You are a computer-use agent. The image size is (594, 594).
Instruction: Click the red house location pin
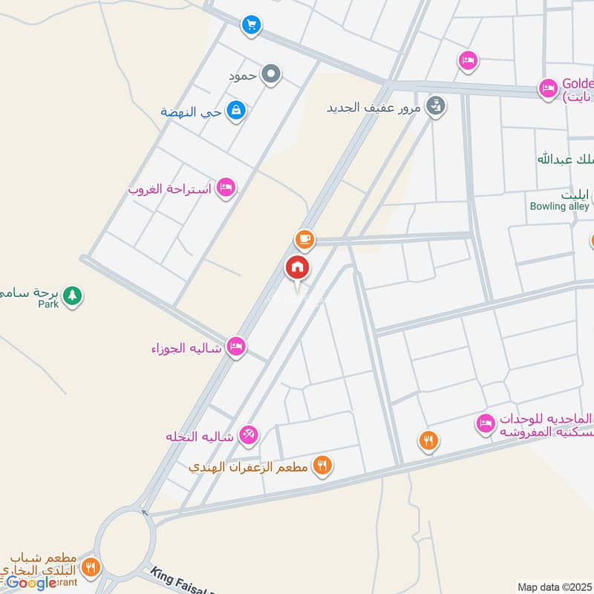[298, 268]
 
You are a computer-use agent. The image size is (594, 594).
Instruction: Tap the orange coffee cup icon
[304, 240]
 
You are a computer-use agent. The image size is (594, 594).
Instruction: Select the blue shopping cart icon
[251, 26]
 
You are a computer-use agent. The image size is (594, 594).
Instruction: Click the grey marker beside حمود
[272, 74]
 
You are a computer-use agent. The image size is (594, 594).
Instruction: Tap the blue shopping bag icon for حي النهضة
[237, 111]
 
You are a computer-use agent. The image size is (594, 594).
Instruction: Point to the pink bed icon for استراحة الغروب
[226, 189]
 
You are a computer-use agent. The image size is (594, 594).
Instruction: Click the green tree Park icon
[72, 296]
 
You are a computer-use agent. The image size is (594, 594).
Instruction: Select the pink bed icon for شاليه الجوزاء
[236, 346]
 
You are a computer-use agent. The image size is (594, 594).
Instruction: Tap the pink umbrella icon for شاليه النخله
[249, 437]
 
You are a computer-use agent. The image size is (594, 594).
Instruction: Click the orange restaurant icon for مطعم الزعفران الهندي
[322, 466]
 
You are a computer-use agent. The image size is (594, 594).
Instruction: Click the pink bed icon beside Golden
[548, 89]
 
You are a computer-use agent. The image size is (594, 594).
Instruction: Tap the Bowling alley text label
[559, 206]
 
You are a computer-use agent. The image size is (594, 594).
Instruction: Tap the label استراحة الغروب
[171, 189]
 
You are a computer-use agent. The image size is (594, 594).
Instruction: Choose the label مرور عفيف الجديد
[374, 107]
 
